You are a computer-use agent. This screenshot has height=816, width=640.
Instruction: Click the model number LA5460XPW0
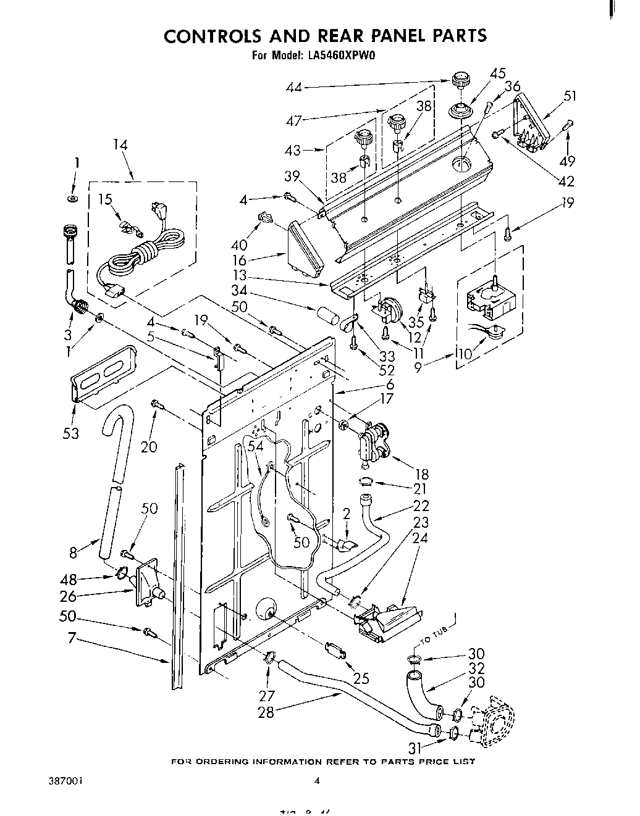tap(339, 56)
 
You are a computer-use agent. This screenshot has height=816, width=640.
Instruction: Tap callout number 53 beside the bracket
tap(71, 433)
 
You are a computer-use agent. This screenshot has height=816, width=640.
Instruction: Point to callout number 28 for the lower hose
tap(267, 713)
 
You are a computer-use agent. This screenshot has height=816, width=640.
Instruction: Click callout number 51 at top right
tap(570, 96)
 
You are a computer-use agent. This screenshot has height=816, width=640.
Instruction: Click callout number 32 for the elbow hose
tap(476, 668)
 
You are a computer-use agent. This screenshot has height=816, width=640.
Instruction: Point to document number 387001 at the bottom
tap(65, 781)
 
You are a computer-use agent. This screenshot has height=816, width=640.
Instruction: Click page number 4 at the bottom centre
tap(318, 781)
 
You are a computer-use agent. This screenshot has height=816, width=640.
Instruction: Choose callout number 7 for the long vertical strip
tap(72, 638)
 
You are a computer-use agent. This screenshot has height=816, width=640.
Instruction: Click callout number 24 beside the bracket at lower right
tap(419, 538)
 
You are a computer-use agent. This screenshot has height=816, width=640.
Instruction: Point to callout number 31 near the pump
tap(415, 747)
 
